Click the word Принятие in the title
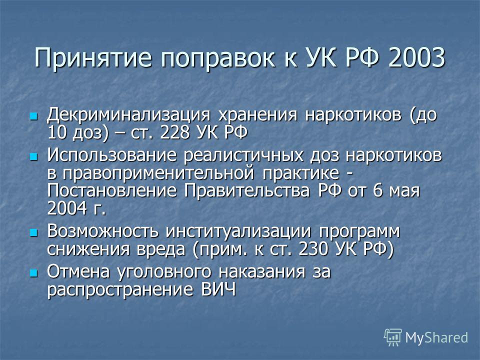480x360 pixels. pyautogui.click(x=93, y=58)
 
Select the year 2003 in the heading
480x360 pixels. pyautogui.click(x=416, y=57)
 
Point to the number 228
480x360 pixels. pyautogui.click(x=174, y=133)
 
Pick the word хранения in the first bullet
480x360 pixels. pyautogui.click(x=257, y=115)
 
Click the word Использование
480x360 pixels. pyautogui.click(x=111, y=155)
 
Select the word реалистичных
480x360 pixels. pyautogui.click(x=243, y=156)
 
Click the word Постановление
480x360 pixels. pyautogui.click(x=111, y=190)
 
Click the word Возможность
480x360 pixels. pyautogui.click(x=103, y=231)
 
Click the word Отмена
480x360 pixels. pyautogui.click(x=78, y=272)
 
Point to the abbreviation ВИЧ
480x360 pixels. pyautogui.click(x=218, y=289)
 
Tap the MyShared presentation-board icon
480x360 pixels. pyautogui.click(x=392, y=337)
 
